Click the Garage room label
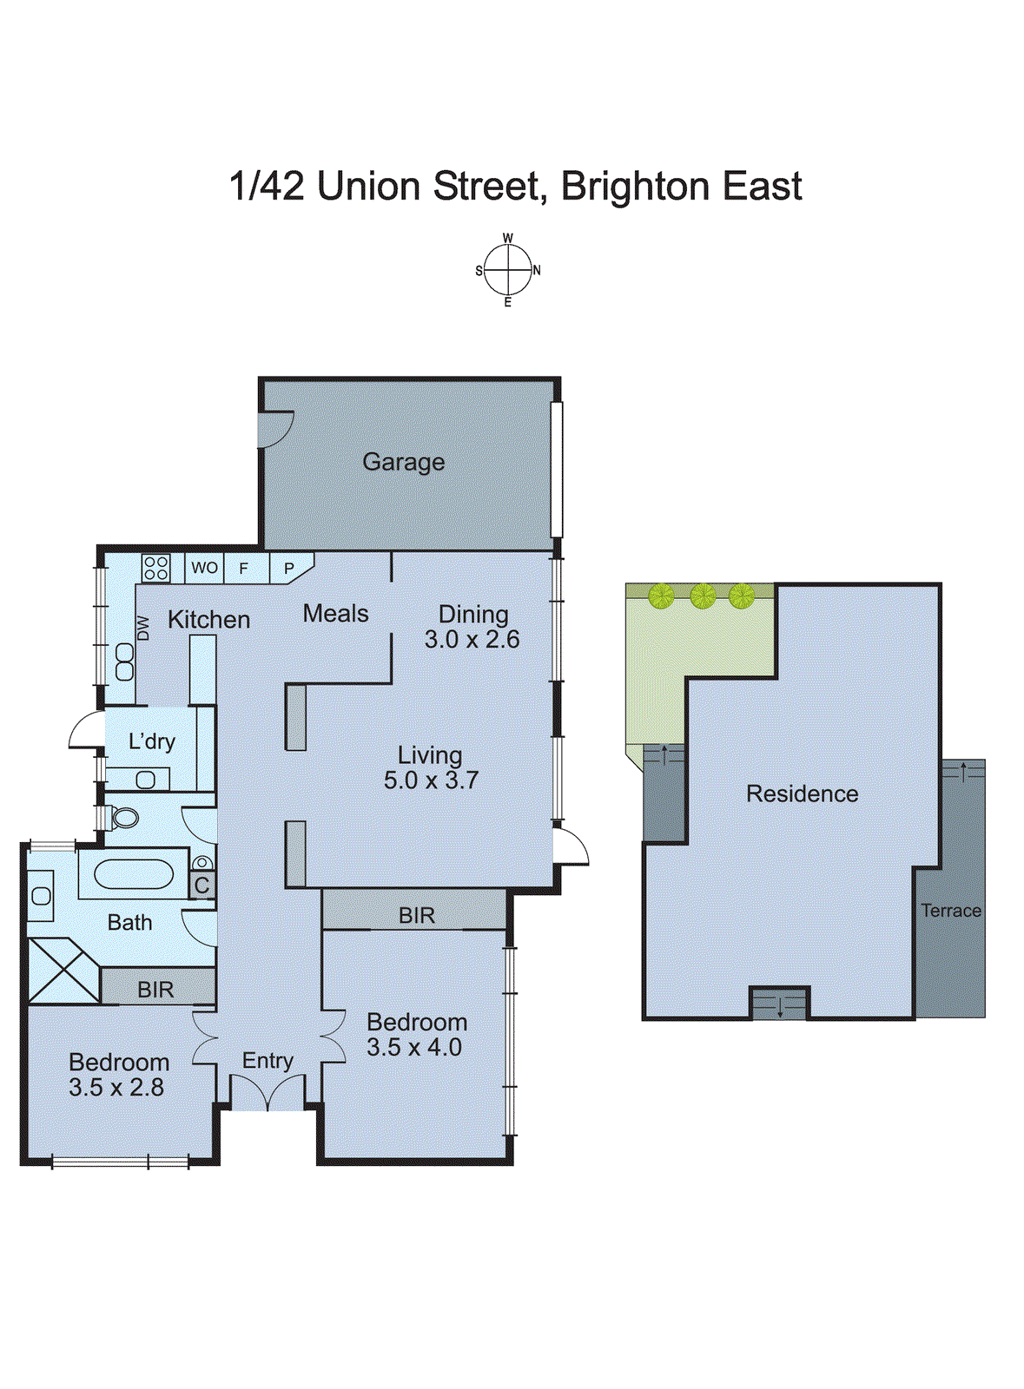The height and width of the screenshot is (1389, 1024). pos(403,462)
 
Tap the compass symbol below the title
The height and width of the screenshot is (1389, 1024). pos(507,270)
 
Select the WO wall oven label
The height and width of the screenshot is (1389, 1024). pos(204,568)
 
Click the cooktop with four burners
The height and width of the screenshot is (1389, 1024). pos(156,568)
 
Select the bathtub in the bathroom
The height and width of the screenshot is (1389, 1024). pos(134,873)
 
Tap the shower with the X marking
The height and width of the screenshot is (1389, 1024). pos(63,971)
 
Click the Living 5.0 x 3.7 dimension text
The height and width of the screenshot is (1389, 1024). pos(431,780)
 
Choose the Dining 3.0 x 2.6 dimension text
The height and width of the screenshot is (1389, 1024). pos(472,640)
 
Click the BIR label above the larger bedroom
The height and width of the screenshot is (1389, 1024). pos(417,915)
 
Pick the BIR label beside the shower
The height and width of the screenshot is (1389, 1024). pos(155,990)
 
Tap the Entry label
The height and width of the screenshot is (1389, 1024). pos(268,1060)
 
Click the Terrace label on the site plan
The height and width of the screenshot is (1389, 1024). pos(951,911)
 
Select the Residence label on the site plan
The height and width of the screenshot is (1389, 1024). pos(802,793)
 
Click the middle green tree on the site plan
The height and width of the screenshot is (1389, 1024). pos(703,596)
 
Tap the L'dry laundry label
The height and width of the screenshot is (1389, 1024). pos(152,741)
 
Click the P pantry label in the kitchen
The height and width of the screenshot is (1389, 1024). pos(289,569)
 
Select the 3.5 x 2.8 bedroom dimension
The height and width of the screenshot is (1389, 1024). pos(116,1087)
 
